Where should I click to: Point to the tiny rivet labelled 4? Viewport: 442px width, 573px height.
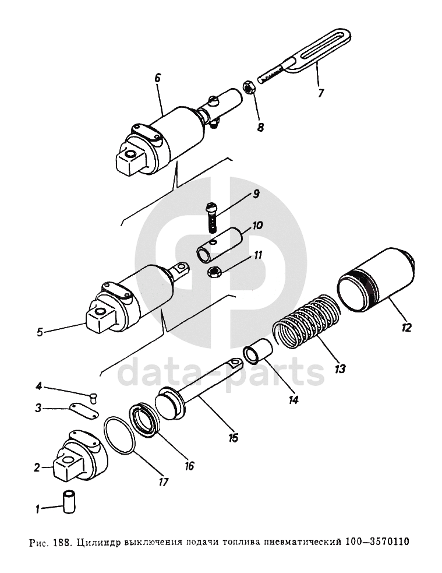coord(94,397)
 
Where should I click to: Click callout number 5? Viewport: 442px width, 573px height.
coord(40,332)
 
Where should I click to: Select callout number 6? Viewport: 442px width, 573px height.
coord(157,78)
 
